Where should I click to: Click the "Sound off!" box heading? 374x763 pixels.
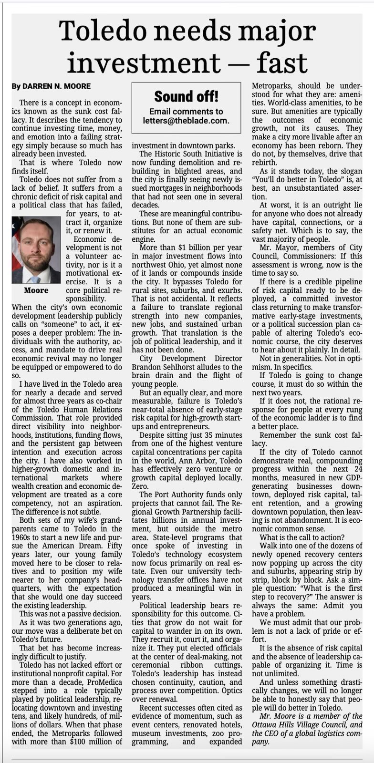pyautogui.click(x=186, y=96)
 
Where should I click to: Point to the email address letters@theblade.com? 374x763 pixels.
pyautogui.click(x=186, y=121)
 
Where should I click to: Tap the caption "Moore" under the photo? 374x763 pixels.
pyautogui.click(x=36, y=290)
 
